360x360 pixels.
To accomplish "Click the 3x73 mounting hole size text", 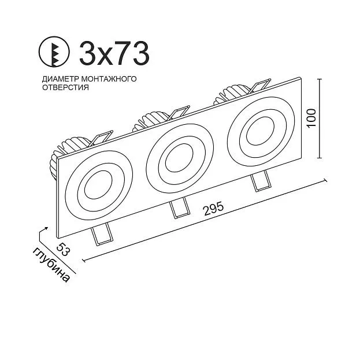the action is [114, 53].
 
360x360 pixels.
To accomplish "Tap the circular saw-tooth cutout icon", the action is [54, 51].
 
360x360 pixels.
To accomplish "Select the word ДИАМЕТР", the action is [60, 79].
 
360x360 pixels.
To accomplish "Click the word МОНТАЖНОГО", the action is [109, 79].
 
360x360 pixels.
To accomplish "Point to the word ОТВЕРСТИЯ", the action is [65, 87].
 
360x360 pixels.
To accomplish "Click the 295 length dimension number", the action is [214, 208].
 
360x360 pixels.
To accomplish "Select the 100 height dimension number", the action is [311, 118].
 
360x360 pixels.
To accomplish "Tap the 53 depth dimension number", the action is [63, 249].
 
